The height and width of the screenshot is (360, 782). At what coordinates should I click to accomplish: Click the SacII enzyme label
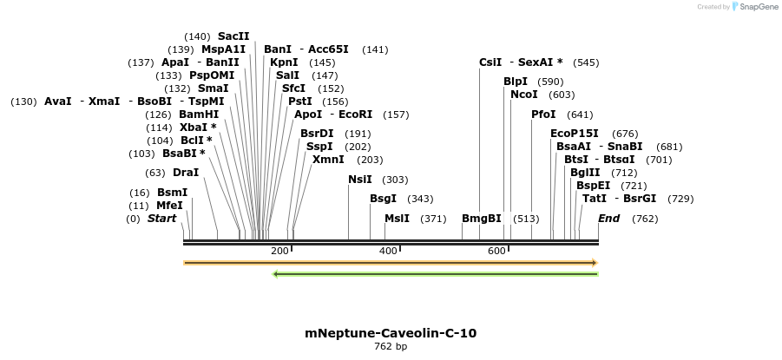(x=233, y=36)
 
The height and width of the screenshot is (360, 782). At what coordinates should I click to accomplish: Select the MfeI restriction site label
(x=169, y=206)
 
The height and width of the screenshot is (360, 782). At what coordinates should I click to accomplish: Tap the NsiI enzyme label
(x=360, y=180)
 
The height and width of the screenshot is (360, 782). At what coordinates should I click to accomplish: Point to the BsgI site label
(x=383, y=199)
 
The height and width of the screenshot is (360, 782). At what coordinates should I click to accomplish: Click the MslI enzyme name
(x=397, y=219)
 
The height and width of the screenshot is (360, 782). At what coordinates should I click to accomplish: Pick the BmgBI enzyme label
(x=482, y=219)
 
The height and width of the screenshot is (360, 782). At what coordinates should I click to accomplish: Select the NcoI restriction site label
(x=524, y=95)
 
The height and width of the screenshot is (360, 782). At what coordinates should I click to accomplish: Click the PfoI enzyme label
(x=543, y=115)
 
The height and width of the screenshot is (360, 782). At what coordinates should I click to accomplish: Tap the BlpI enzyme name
(x=516, y=82)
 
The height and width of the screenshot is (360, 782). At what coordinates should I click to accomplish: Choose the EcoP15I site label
(x=575, y=134)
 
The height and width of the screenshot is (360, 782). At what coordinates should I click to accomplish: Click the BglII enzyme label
(x=585, y=173)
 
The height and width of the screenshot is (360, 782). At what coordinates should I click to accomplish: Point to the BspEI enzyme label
(x=594, y=186)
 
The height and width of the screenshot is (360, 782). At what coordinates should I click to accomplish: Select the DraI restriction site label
(x=186, y=173)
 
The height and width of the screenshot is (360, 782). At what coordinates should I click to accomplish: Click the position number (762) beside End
(x=645, y=219)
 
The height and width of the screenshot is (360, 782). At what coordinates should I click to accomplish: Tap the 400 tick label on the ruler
(x=388, y=251)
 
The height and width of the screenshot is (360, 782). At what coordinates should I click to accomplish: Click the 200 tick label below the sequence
(x=279, y=251)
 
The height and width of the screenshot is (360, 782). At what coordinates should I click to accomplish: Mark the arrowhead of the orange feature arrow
(x=595, y=262)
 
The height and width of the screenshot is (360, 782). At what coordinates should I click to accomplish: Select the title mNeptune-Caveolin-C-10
(x=391, y=333)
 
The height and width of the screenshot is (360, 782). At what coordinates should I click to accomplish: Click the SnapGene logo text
(x=759, y=7)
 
